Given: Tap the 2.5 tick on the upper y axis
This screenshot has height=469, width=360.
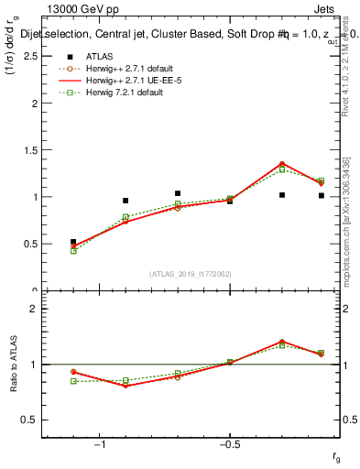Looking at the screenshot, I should coord(28,57).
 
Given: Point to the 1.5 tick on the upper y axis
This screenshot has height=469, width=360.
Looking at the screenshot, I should coord(28,150).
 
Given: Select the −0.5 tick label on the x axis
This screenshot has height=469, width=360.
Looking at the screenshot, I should coord(228,443).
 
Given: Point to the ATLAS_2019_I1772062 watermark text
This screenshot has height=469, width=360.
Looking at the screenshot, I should coord(191,274).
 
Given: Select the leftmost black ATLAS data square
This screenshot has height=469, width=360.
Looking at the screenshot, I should coord(73,242).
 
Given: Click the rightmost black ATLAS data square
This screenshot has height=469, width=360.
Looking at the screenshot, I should coord(322,195).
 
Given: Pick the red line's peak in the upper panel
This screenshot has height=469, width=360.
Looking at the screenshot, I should coord(281,163).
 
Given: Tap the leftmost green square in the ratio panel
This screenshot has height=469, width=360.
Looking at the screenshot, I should coord(73,381).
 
